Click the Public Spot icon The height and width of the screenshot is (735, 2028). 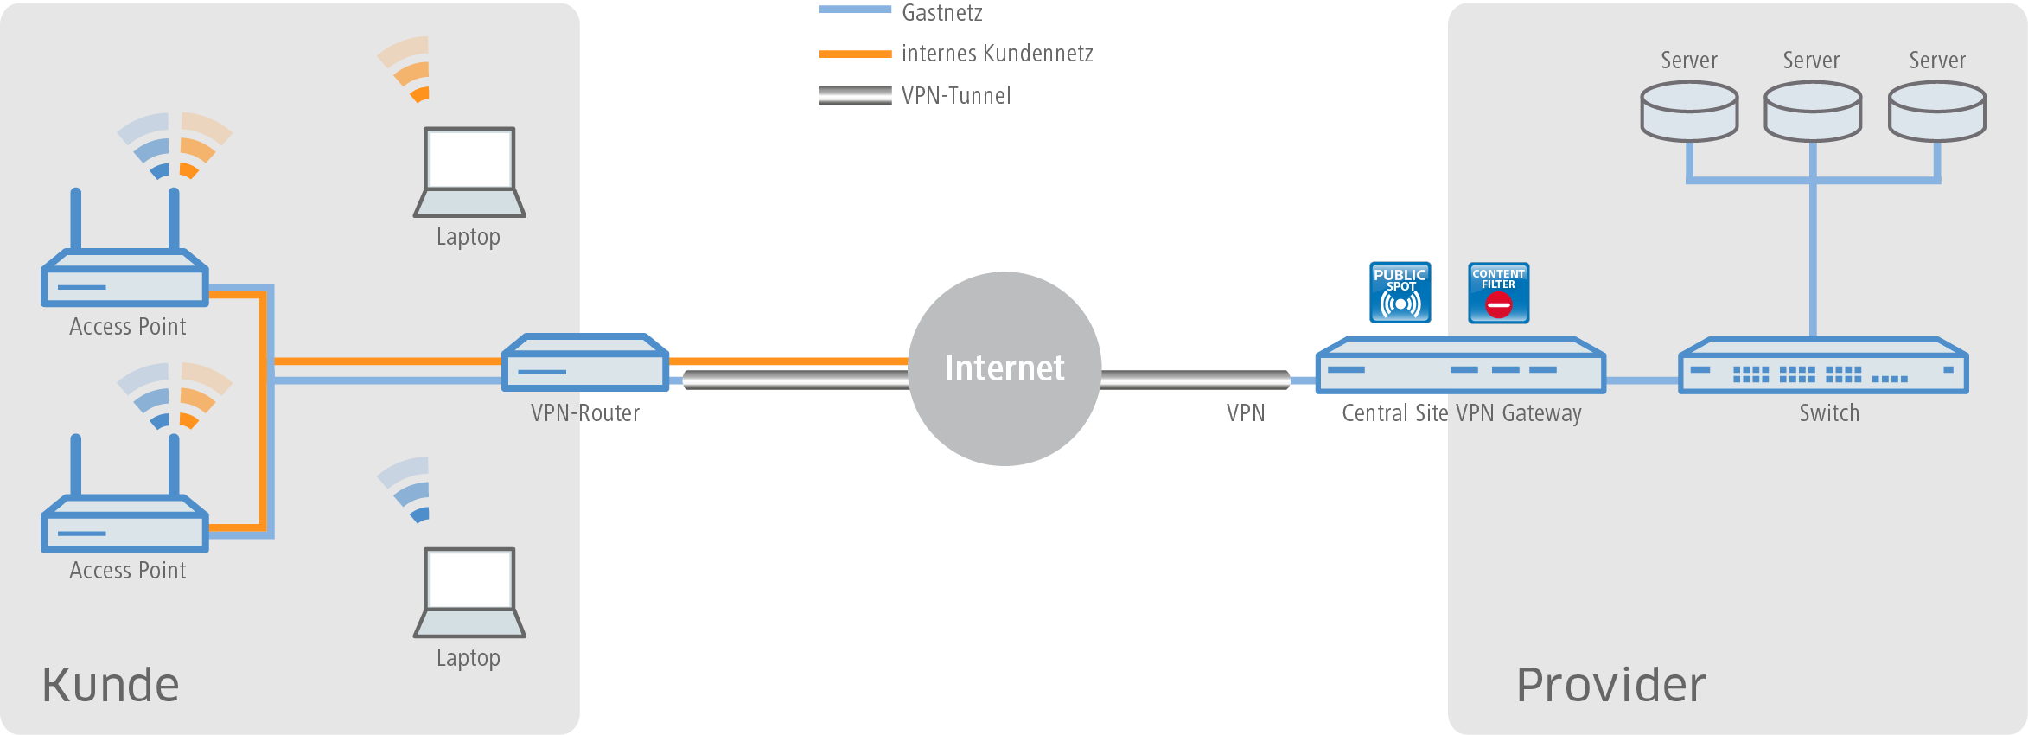coord(1400,292)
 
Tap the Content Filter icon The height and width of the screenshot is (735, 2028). coord(1498,292)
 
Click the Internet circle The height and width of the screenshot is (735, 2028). coord(1004,368)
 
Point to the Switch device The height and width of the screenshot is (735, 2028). coord(1822,367)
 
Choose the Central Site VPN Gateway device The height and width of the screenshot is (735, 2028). coord(1460,367)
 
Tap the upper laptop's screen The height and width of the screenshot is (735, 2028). coord(469,159)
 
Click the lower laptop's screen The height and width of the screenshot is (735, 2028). coord(469,579)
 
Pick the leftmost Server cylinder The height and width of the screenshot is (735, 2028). coord(1689,111)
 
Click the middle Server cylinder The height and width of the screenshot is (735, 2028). coord(1812,111)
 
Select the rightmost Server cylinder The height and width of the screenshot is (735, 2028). coord(1936,111)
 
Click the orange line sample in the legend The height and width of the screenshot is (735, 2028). coord(855,54)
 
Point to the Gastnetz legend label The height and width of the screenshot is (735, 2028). coord(941,13)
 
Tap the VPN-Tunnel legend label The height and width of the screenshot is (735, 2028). coord(955,95)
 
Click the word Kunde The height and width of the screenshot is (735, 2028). coord(111,685)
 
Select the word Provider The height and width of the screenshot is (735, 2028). coord(1611,685)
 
